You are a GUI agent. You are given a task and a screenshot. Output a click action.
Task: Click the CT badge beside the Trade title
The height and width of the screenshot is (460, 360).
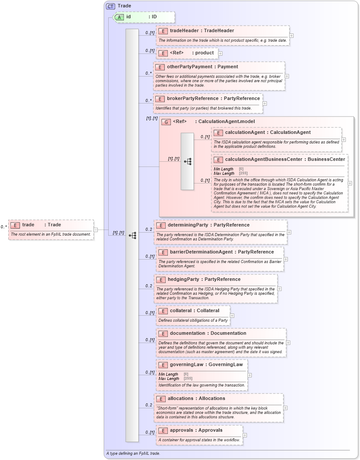tap(111, 6)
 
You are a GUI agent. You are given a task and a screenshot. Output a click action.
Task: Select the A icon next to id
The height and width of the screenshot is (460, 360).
tap(119, 17)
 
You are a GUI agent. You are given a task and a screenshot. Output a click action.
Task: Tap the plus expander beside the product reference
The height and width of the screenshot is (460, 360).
tap(220, 53)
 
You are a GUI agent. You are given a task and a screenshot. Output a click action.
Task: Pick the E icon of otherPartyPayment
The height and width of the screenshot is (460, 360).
tap(160, 67)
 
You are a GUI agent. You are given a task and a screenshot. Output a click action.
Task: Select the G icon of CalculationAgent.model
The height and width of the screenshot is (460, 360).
tap(166, 122)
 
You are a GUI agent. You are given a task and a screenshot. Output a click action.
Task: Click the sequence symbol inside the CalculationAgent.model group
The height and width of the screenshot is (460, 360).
tap(187, 161)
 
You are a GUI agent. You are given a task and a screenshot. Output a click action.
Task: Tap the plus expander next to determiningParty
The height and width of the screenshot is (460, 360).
tap(289, 232)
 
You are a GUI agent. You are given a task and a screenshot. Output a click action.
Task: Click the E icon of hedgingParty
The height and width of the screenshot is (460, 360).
tap(160, 280)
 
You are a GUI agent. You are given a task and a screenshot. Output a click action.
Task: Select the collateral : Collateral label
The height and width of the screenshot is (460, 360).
tap(194, 311)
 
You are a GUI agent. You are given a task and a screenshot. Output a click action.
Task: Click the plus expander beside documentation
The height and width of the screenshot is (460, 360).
tap(288, 343)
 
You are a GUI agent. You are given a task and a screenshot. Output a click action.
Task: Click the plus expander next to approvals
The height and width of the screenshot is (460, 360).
tap(245, 435)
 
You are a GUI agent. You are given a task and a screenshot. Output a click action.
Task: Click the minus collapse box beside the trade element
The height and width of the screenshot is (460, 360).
tap(96, 230)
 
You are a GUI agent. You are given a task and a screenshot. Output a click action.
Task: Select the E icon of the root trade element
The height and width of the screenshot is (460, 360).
tap(15, 225)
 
